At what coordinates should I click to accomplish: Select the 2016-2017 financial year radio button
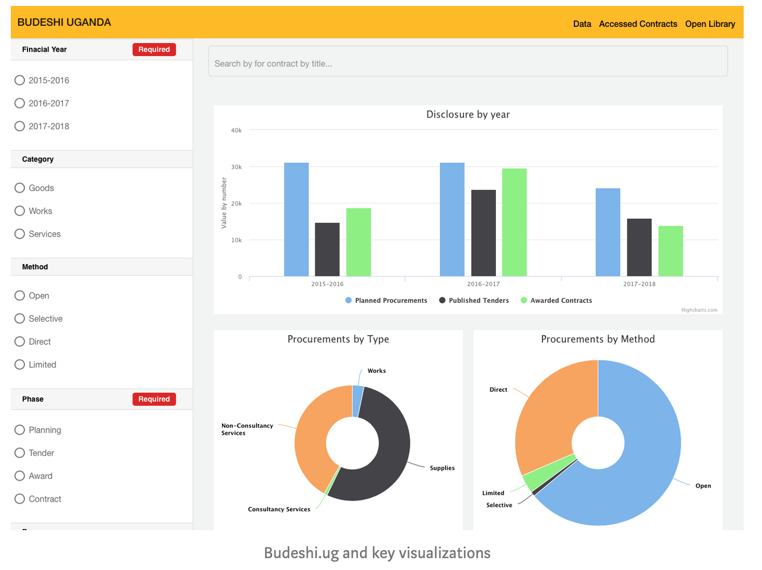pos(20,103)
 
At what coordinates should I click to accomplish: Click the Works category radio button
pos(20,211)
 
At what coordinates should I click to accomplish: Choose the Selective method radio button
pos(20,318)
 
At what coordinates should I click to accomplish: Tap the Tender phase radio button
pos(20,453)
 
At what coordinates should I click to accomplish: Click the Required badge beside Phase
pos(154,399)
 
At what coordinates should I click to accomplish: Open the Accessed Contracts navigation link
pos(638,24)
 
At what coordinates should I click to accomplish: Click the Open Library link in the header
pos(710,24)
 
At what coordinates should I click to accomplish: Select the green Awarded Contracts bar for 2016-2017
pos(514,222)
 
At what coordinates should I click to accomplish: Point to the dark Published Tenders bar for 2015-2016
pos(327,249)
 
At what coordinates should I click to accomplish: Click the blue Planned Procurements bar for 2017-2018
pos(607,232)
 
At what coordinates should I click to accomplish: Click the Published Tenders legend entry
pos(474,301)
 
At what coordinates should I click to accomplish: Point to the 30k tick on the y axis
pos(237,167)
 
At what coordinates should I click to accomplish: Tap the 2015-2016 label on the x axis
pos(327,284)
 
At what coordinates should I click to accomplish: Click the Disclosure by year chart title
pos(468,114)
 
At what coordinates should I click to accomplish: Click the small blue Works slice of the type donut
pos(358,401)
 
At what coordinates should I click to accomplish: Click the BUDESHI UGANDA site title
pos(64,22)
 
